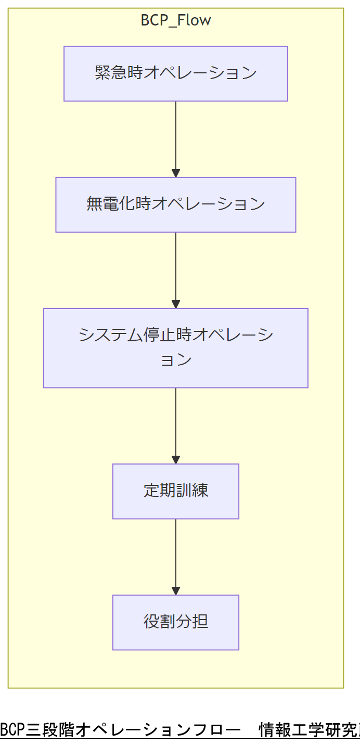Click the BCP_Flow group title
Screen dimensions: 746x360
pyautogui.click(x=176, y=21)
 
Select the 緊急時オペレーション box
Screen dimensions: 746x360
pyautogui.click(x=176, y=73)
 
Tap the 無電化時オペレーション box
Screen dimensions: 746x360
pyautogui.click(x=176, y=204)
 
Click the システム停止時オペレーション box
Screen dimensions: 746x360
pyautogui.click(x=176, y=348)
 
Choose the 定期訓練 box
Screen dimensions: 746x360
pyautogui.click(x=176, y=491)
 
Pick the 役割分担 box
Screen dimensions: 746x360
pyautogui.click(x=176, y=622)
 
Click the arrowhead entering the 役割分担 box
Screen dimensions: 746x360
pyautogui.click(x=176, y=591)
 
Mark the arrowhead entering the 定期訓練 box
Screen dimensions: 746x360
pyautogui.click(x=176, y=460)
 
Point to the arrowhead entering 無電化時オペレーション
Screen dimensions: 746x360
pyautogui.click(x=176, y=173)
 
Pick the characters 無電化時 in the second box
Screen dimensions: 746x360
pyautogui.click(x=119, y=204)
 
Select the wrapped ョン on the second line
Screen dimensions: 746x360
pyautogui.click(x=176, y=360)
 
